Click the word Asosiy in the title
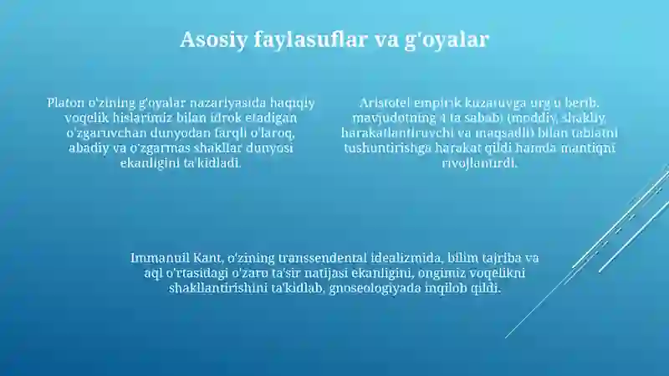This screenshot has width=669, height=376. click(213, 39)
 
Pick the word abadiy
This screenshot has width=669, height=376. click(87, 147)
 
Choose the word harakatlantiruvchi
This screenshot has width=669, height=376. click(401, 132)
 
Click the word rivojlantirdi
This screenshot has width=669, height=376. click(479, 162)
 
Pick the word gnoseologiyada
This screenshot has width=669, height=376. click(375, 288)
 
